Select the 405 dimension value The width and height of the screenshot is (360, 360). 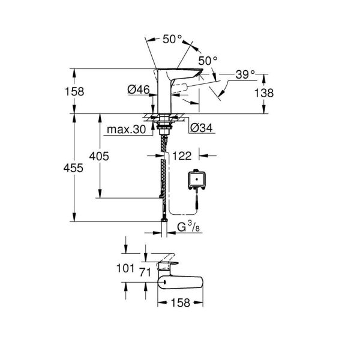tap(99, 156)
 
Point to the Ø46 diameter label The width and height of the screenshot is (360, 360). tap(137, 90)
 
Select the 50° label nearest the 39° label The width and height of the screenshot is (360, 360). tap(208, 61)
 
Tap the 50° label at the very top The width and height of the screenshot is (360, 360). tap(172, 39)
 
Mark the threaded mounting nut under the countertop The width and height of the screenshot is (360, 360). tap(163, 125)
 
